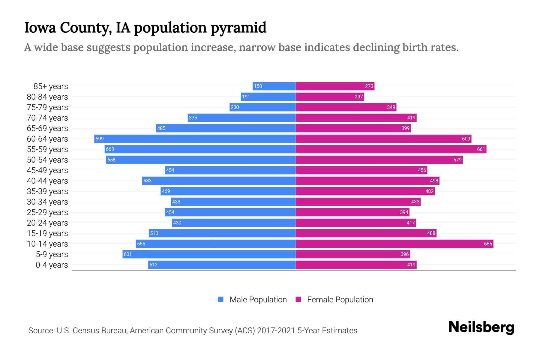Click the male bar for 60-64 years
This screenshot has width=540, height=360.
point(195,139)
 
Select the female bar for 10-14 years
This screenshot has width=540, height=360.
point(394,244)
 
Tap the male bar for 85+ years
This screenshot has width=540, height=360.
point(274,86)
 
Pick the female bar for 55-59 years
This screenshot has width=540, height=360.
point(391,149)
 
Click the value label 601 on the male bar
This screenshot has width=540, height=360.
point(127,254)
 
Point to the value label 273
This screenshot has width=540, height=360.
point(369,86)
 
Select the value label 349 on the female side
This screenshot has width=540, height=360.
point(391,107)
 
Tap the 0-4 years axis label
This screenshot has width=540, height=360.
point(52,265)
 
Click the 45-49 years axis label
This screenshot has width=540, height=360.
point(47,170)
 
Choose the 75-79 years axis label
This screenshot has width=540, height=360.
point(47,107)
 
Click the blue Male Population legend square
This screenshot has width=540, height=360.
point(221,299)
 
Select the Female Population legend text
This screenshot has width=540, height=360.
point(340,300)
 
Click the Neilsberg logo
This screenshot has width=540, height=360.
point(481,327)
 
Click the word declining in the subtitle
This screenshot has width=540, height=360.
point(376,47)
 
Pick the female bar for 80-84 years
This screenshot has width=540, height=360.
point(330,97)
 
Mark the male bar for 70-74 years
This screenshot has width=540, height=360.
point(242,118)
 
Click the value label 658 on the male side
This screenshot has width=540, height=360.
point(111,160)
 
